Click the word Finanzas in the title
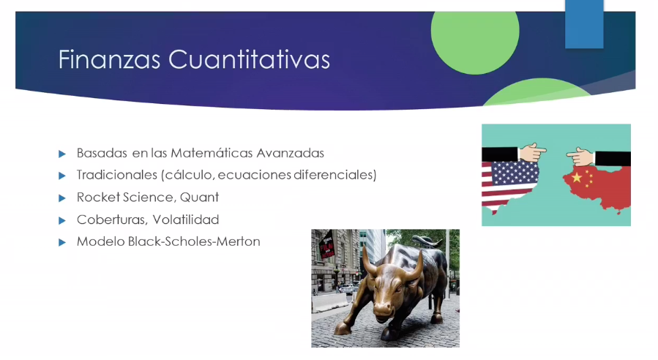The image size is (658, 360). pos(109,59)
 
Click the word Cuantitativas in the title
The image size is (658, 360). pos(250,59)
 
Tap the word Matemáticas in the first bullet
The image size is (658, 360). pos(212,153)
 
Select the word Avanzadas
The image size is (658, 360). pos(290,153)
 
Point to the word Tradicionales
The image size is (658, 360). pos(117,175)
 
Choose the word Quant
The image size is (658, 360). pos(199,198)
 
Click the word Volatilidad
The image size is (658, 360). pos(186,220)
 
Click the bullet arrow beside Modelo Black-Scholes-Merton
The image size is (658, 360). pos(62,242)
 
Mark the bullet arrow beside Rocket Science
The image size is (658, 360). pos(62,198)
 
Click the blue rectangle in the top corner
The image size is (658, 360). pos(584,24)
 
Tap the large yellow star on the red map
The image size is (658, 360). pos(577,178)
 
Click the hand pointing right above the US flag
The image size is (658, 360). pos(532,152)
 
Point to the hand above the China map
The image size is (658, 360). pos(580,157)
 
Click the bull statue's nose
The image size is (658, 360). pos(384,310)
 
